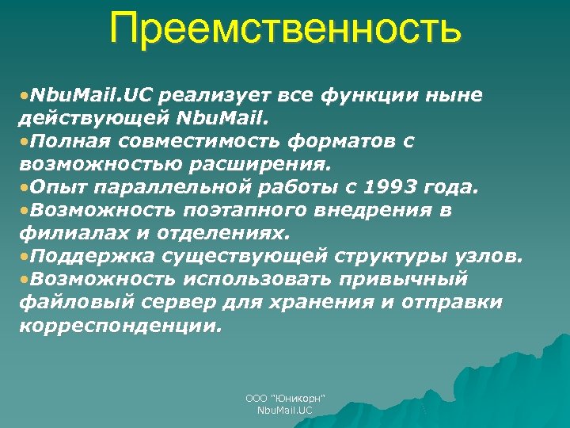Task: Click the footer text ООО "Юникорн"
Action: point(285,398)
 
